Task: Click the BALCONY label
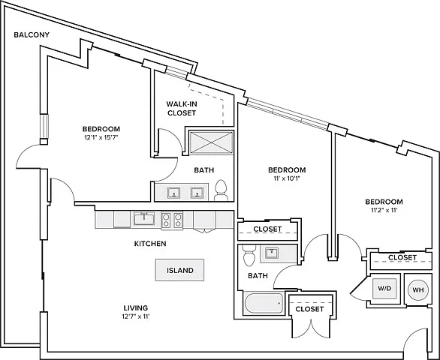32,34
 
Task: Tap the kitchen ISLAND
180,270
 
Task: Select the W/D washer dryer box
384,288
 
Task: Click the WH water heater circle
417,290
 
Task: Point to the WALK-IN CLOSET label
182,109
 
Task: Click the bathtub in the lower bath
264,303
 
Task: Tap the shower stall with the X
211,142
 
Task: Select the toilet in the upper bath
221,190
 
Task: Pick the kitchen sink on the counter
144,219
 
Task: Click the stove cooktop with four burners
172,220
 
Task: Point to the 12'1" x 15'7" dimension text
101,137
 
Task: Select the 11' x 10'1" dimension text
287,178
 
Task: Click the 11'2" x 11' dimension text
384,210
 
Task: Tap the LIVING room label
136,307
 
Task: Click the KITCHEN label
150,244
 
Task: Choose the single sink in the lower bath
271,253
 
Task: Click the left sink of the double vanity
173,193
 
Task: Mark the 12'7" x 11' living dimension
136,316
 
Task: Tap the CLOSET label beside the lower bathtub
309,309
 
